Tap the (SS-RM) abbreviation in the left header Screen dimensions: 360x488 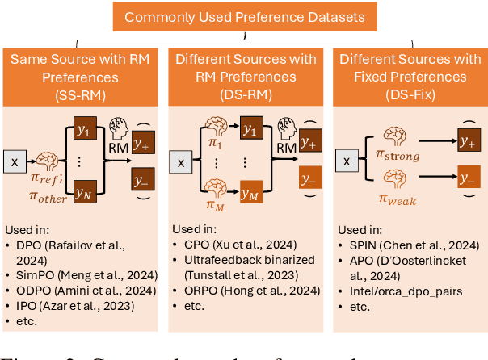pyautogui.click(x=83, y=95)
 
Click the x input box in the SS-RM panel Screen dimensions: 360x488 pyautogui.click(x=15, y=162)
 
